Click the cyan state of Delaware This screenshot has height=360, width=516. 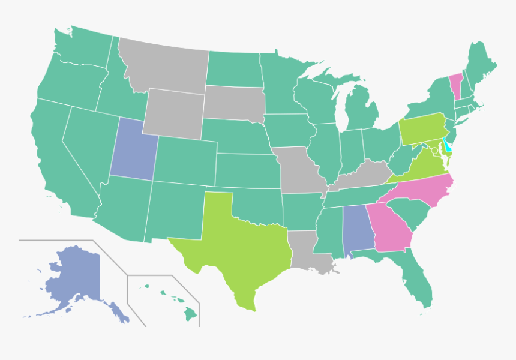(x=447, y=146)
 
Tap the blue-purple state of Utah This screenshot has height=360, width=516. (x=133, y=150)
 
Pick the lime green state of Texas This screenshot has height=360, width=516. (x=240, y=246)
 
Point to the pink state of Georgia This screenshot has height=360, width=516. (x=391, y=231)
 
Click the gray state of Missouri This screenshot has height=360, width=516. (x=296, y=171)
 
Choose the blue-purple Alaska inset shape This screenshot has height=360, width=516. (x=72, y=279)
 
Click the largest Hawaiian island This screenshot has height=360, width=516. (x=190, y=313)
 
